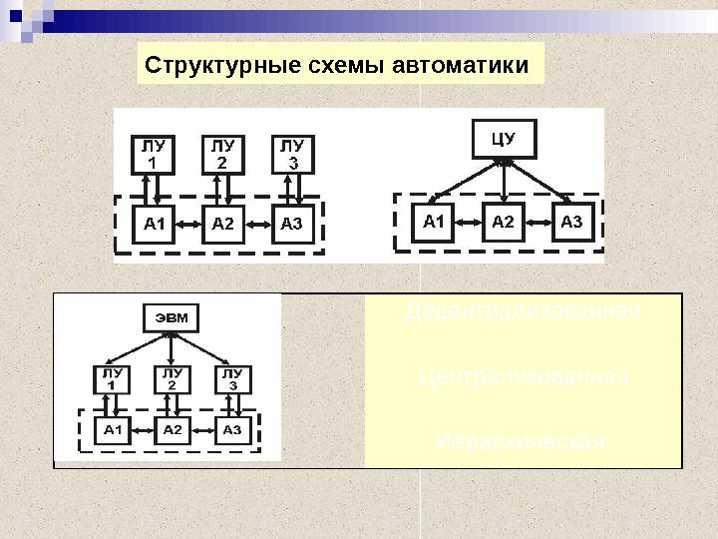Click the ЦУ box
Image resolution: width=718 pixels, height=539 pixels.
click(x=505, y=138)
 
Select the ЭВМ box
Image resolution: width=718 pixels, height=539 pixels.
click(x=171, y=317)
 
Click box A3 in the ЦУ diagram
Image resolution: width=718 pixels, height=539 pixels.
click(x=571, y=222)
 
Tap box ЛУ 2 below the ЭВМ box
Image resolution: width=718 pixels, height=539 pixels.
click(x=172, y=379)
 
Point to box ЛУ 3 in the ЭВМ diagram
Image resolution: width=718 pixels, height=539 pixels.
click(x=231, y=379)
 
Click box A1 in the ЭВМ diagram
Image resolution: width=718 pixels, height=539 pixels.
click(x=113, y=430)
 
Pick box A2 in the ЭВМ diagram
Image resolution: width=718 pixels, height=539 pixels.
click(x=173, y=430)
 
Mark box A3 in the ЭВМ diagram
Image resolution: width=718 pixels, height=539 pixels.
click(x=231, y=430)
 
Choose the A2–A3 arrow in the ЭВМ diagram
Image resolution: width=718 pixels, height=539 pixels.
click(x=202, y=430)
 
